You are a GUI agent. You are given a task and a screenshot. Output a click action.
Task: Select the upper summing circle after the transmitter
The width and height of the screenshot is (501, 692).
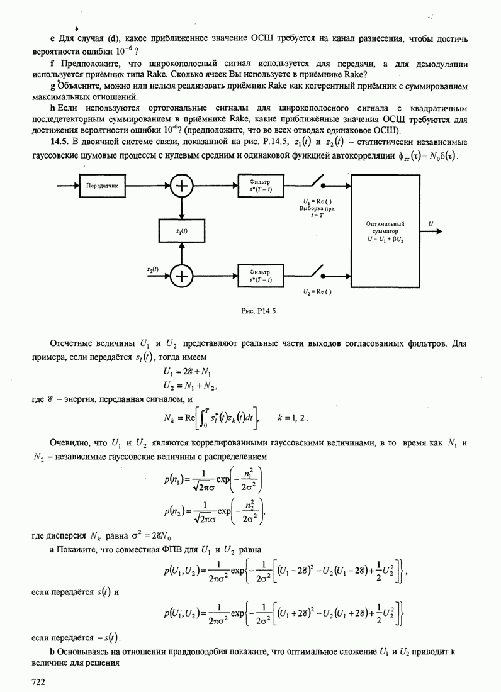click(182, 186)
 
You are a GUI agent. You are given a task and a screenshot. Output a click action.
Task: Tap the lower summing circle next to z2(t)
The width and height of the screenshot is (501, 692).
click(182, 274)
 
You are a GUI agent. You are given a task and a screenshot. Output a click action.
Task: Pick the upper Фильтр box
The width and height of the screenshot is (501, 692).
click(261, 186)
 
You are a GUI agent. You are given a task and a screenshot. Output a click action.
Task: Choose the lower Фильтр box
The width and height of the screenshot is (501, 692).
click(261, 274)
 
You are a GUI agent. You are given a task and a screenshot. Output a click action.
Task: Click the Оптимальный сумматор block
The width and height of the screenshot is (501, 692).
click(385, 232)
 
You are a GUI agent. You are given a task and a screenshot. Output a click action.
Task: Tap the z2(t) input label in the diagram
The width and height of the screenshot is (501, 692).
click(152, 269)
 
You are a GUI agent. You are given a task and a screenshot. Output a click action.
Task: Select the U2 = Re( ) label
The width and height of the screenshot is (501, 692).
click(317, 292)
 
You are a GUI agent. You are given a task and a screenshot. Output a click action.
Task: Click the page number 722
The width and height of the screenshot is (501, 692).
click(40, 681)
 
